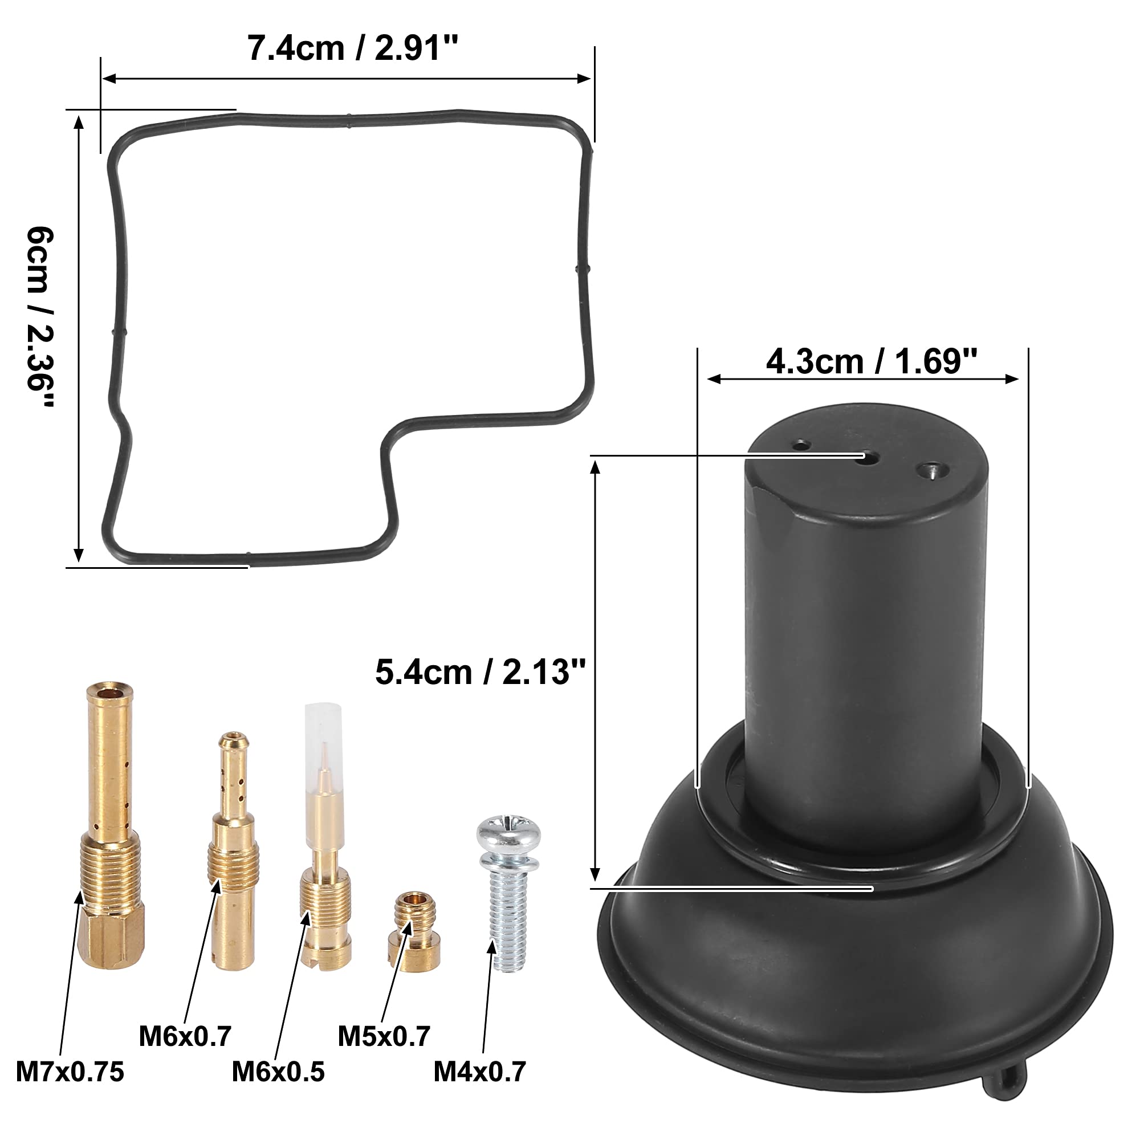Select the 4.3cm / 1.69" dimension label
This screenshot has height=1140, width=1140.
click(x=872, y=361)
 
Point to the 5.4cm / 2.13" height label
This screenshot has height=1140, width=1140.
click(x=481, y=672)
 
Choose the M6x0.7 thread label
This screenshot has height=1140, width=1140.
click(x=185, y=1036)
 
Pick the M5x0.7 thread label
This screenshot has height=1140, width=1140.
click(x=384, y=1036)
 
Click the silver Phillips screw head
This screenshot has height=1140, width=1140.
click(x=508, y=832)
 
